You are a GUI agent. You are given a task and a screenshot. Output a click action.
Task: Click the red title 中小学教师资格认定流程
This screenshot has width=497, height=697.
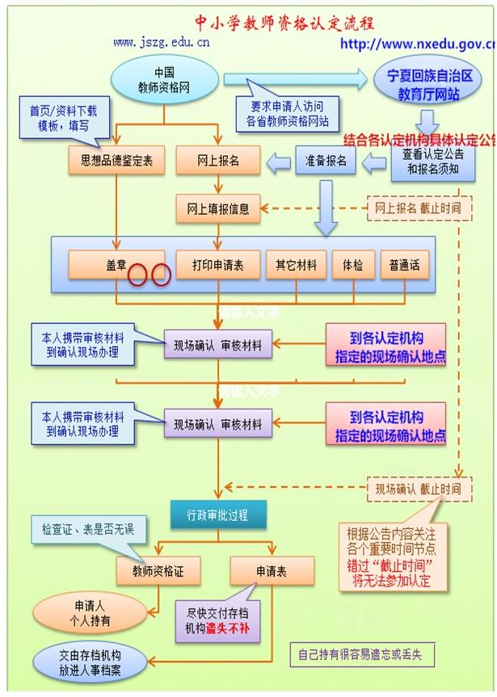point(284,22)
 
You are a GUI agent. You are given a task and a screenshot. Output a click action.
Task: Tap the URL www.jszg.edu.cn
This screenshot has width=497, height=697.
point(162,42)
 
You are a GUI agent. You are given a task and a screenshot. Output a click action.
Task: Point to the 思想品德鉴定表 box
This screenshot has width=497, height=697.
point(116,161)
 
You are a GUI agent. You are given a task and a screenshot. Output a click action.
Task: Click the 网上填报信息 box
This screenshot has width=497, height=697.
point(218,208)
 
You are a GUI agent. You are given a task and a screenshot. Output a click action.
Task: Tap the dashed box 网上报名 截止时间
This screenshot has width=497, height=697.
point(418,208)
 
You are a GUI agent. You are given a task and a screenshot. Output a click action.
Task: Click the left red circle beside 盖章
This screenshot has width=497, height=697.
point(137,275)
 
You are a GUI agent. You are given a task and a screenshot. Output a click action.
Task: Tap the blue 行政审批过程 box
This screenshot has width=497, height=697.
point(212,514)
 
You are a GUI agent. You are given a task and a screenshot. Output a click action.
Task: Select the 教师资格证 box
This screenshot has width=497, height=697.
point(158,571)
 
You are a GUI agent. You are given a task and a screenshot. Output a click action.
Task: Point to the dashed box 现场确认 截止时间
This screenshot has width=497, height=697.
point(418,488)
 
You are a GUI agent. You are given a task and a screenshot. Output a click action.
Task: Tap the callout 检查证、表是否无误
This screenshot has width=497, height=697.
point(82,531)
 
